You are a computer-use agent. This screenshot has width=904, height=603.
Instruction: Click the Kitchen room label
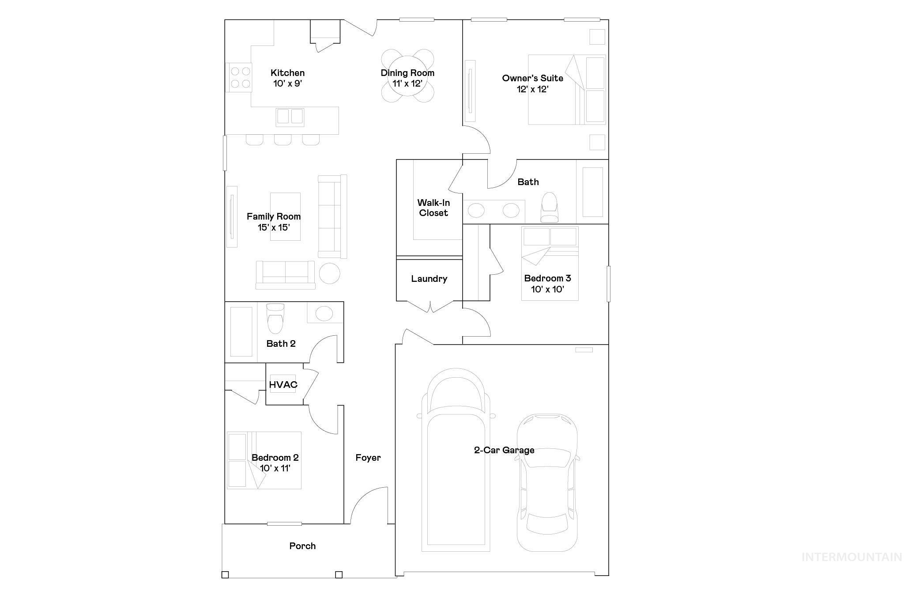point(287,73)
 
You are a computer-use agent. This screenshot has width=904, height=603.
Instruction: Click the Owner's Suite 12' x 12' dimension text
point(532,89)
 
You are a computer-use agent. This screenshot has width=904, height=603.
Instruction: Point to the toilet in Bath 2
point(275,319)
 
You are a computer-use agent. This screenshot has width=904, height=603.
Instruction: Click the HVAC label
point(283,385)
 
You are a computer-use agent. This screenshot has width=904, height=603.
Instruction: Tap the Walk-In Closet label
point(433,208)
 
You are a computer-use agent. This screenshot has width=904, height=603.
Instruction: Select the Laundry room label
point(429,279)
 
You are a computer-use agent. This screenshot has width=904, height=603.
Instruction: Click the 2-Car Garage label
point(504,450)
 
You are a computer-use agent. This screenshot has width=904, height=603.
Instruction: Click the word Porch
point(302,546)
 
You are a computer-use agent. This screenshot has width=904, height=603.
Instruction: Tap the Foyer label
point(368,458)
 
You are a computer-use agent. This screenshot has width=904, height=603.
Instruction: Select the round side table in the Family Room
point(329,273)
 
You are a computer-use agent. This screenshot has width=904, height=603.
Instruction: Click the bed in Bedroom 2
point(264,460)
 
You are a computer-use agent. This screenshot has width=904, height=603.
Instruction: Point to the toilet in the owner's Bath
point(550,208)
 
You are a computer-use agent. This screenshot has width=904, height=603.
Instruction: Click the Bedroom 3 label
point(547,278)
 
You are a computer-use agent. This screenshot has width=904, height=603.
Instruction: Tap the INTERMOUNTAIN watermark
point(851,557)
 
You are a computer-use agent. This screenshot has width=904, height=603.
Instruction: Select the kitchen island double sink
point(290,117)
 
